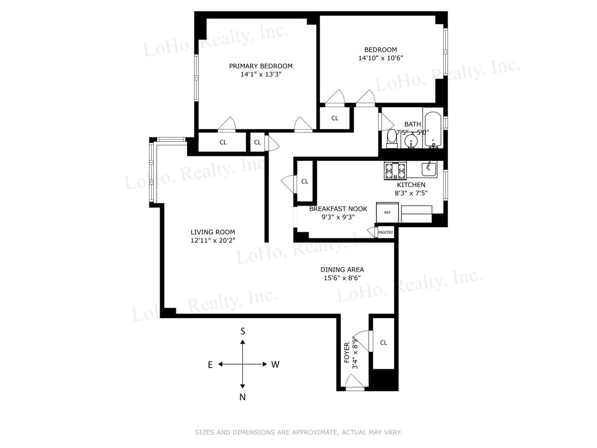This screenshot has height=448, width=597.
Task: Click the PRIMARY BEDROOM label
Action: [x=261, y=66]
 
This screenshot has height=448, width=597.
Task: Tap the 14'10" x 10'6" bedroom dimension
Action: [x=381, y=58]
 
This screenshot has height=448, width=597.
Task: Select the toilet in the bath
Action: [x=392, y=139]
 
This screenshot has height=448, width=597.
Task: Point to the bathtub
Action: [x=433, y=130]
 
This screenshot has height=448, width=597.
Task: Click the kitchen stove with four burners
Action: [x=395, y=170]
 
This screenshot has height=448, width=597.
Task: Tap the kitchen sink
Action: [x=429, y=169]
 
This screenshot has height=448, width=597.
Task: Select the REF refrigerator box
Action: [x=387, y=213]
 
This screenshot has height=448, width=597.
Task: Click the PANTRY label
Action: [x=386, y=232]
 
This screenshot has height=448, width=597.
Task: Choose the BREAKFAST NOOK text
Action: [x=338, y=209]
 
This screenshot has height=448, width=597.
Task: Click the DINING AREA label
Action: [x=342, y=270]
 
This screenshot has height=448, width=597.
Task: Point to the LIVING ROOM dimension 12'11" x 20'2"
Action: [x=213, y=240]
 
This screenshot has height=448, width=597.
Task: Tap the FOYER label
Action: [x=347, y=352]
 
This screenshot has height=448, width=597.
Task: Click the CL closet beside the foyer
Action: [x=384, y=343]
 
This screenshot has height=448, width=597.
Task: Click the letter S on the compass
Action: [x=243, y=332]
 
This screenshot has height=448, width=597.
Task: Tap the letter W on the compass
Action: [x=275, y=364]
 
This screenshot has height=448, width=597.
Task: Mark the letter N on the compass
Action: [x=242, y=397]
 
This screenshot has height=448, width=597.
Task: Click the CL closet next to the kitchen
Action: [x=304, y=181]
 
